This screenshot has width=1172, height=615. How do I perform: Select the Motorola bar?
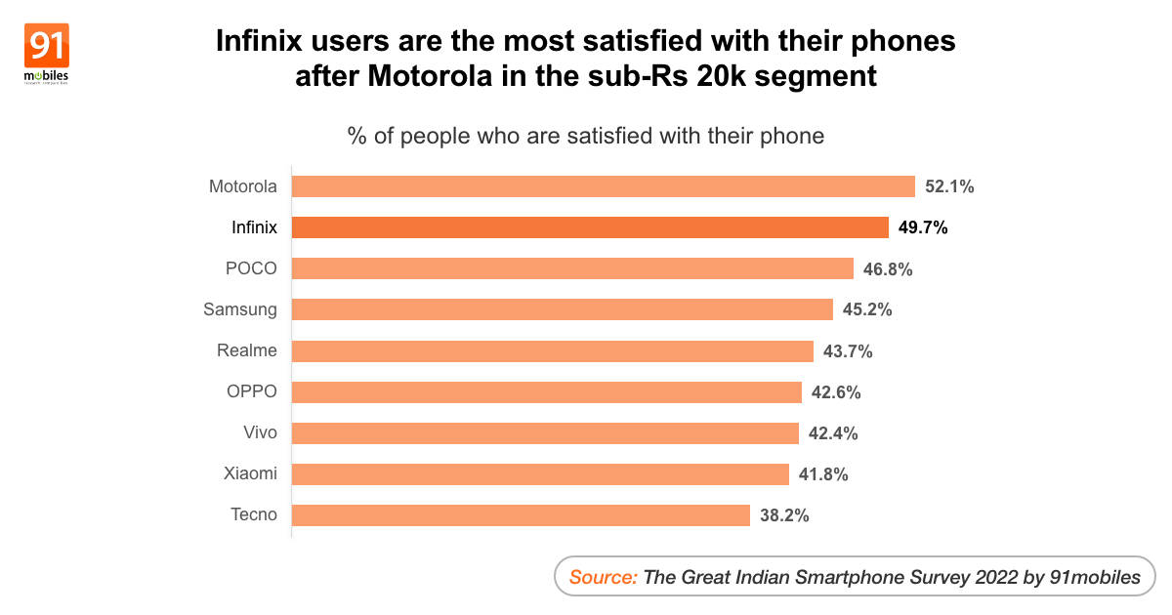[x=603, y=186]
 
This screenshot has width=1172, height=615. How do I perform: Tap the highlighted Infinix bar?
[x=590, y=227]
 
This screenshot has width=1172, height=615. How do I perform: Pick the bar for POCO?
[x=572, y=268]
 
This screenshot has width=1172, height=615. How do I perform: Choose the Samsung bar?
[x=563, y=309]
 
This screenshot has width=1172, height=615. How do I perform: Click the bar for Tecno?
[x=521, y=514]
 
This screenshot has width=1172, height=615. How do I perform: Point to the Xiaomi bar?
[x=540, y=473]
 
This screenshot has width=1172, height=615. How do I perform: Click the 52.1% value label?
[x=950, y=186]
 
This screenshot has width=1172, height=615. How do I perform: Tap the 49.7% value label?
[x=923, y=227]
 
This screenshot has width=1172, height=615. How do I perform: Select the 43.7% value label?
[x=848, y=350]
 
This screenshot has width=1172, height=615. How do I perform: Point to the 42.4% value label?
[x=833, y=432]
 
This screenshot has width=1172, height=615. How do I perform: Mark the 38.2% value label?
[x=784, y=514]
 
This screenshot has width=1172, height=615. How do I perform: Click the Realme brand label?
[x=247, y=350]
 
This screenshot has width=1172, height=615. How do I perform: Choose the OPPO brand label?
[x=252, y=391]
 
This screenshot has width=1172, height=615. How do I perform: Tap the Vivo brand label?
[x=260, y=432]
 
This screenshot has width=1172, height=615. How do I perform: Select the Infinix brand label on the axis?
[x=254, y=227]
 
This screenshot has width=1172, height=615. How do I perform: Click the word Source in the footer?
[x=603, y=577]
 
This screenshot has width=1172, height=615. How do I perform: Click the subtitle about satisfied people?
[x=586, y=136]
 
